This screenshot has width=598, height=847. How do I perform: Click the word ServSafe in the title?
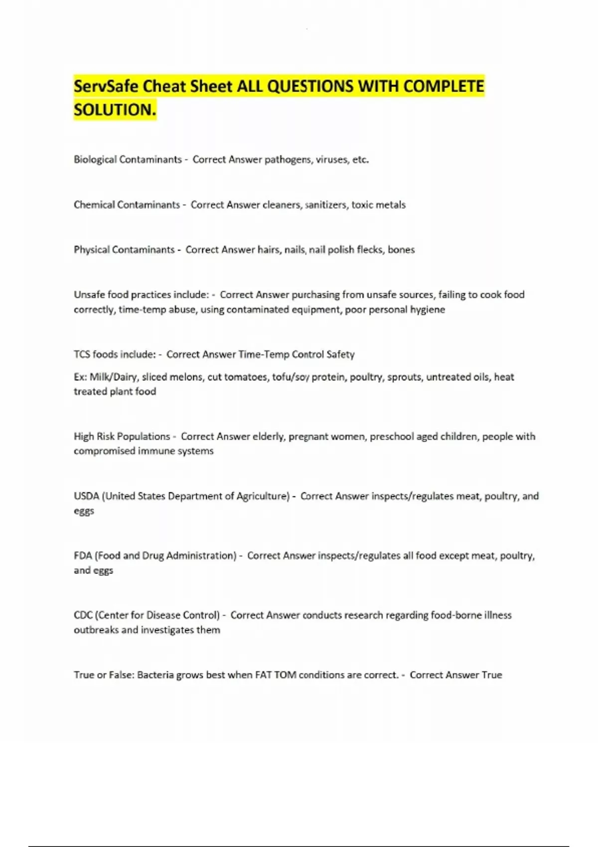pyautogui.click(x=106, y=86)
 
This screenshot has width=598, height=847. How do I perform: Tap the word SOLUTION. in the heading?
pyautogui.click(x=115, y=110)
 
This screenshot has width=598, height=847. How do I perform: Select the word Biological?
pyautogui.click(x=95, y=159)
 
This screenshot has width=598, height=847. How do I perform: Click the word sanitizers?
pyautogui.click(x=326, y=205)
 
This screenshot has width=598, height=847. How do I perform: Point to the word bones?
pyautogui.click(x=401, y=250)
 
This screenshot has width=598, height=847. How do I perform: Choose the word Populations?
pyautogui.click(x=144, y=436)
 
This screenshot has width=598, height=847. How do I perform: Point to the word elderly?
pyautogui.click(x=269, y=436)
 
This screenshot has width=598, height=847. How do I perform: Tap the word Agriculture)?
pyautogui.click(x=263, y=496)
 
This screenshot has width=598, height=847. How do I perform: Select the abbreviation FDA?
pyautogui.click(x=83, y=556)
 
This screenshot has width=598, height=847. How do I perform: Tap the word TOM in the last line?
pyautogui.click(x=286, y=675)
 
